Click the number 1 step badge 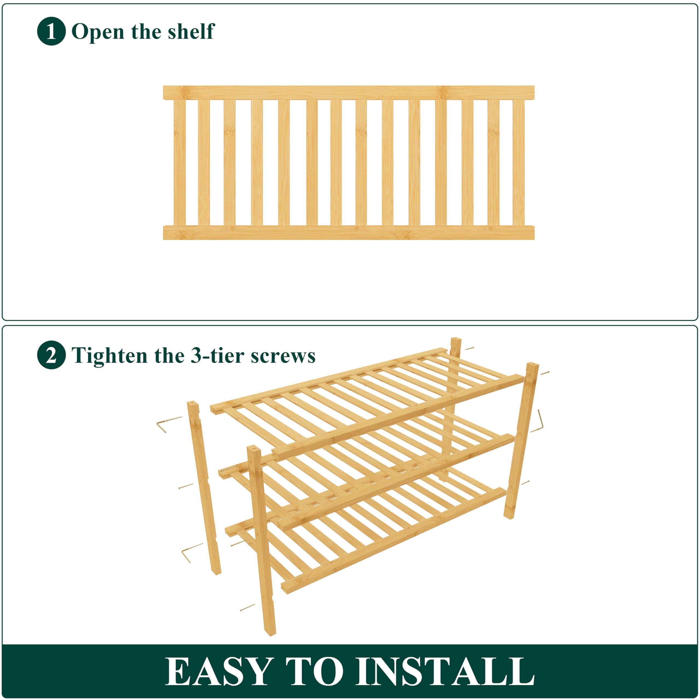pos(51,31)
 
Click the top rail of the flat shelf pos(349,92)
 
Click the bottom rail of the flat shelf pos(349,233)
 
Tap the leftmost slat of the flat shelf pos(179,163)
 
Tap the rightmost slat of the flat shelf pos(518,163)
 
